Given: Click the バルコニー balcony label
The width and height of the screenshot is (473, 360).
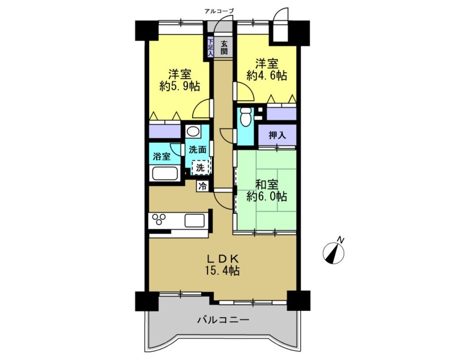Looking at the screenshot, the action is click(x=223, y=319).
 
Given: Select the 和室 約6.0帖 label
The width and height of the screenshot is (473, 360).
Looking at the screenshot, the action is click(x=267, y=191).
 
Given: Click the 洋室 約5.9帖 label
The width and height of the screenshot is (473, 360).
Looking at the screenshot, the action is click(x=179, y=80).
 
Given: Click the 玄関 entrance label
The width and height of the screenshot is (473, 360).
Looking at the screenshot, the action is click(x=223, y=47).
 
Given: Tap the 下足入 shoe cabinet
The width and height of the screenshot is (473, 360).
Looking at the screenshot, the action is click(x=210, y=47).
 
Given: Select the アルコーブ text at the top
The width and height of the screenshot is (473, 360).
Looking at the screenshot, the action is click(x=219, y=11).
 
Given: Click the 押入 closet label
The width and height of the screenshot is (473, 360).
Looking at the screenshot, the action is click(x=277, y=135).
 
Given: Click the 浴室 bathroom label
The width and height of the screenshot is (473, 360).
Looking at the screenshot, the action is click(x=162, y=156).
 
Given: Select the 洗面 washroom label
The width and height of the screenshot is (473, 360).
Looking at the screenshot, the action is click(x=198, y=149).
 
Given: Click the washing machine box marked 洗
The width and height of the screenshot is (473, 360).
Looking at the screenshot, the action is click(x=200, y=168).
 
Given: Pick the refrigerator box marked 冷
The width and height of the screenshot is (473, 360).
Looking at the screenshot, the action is click(x=203, y=186).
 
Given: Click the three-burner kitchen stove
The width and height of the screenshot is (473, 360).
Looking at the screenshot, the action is click(x=158, y=219).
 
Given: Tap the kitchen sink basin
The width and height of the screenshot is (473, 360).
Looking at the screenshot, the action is click(x=195, y=220).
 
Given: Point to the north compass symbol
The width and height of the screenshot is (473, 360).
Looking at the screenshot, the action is click(x=333, y=254).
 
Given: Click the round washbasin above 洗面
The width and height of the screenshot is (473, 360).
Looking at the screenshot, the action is click(x=193, y=132).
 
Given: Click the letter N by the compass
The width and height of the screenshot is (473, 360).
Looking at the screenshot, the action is click(x=341, y=240).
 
